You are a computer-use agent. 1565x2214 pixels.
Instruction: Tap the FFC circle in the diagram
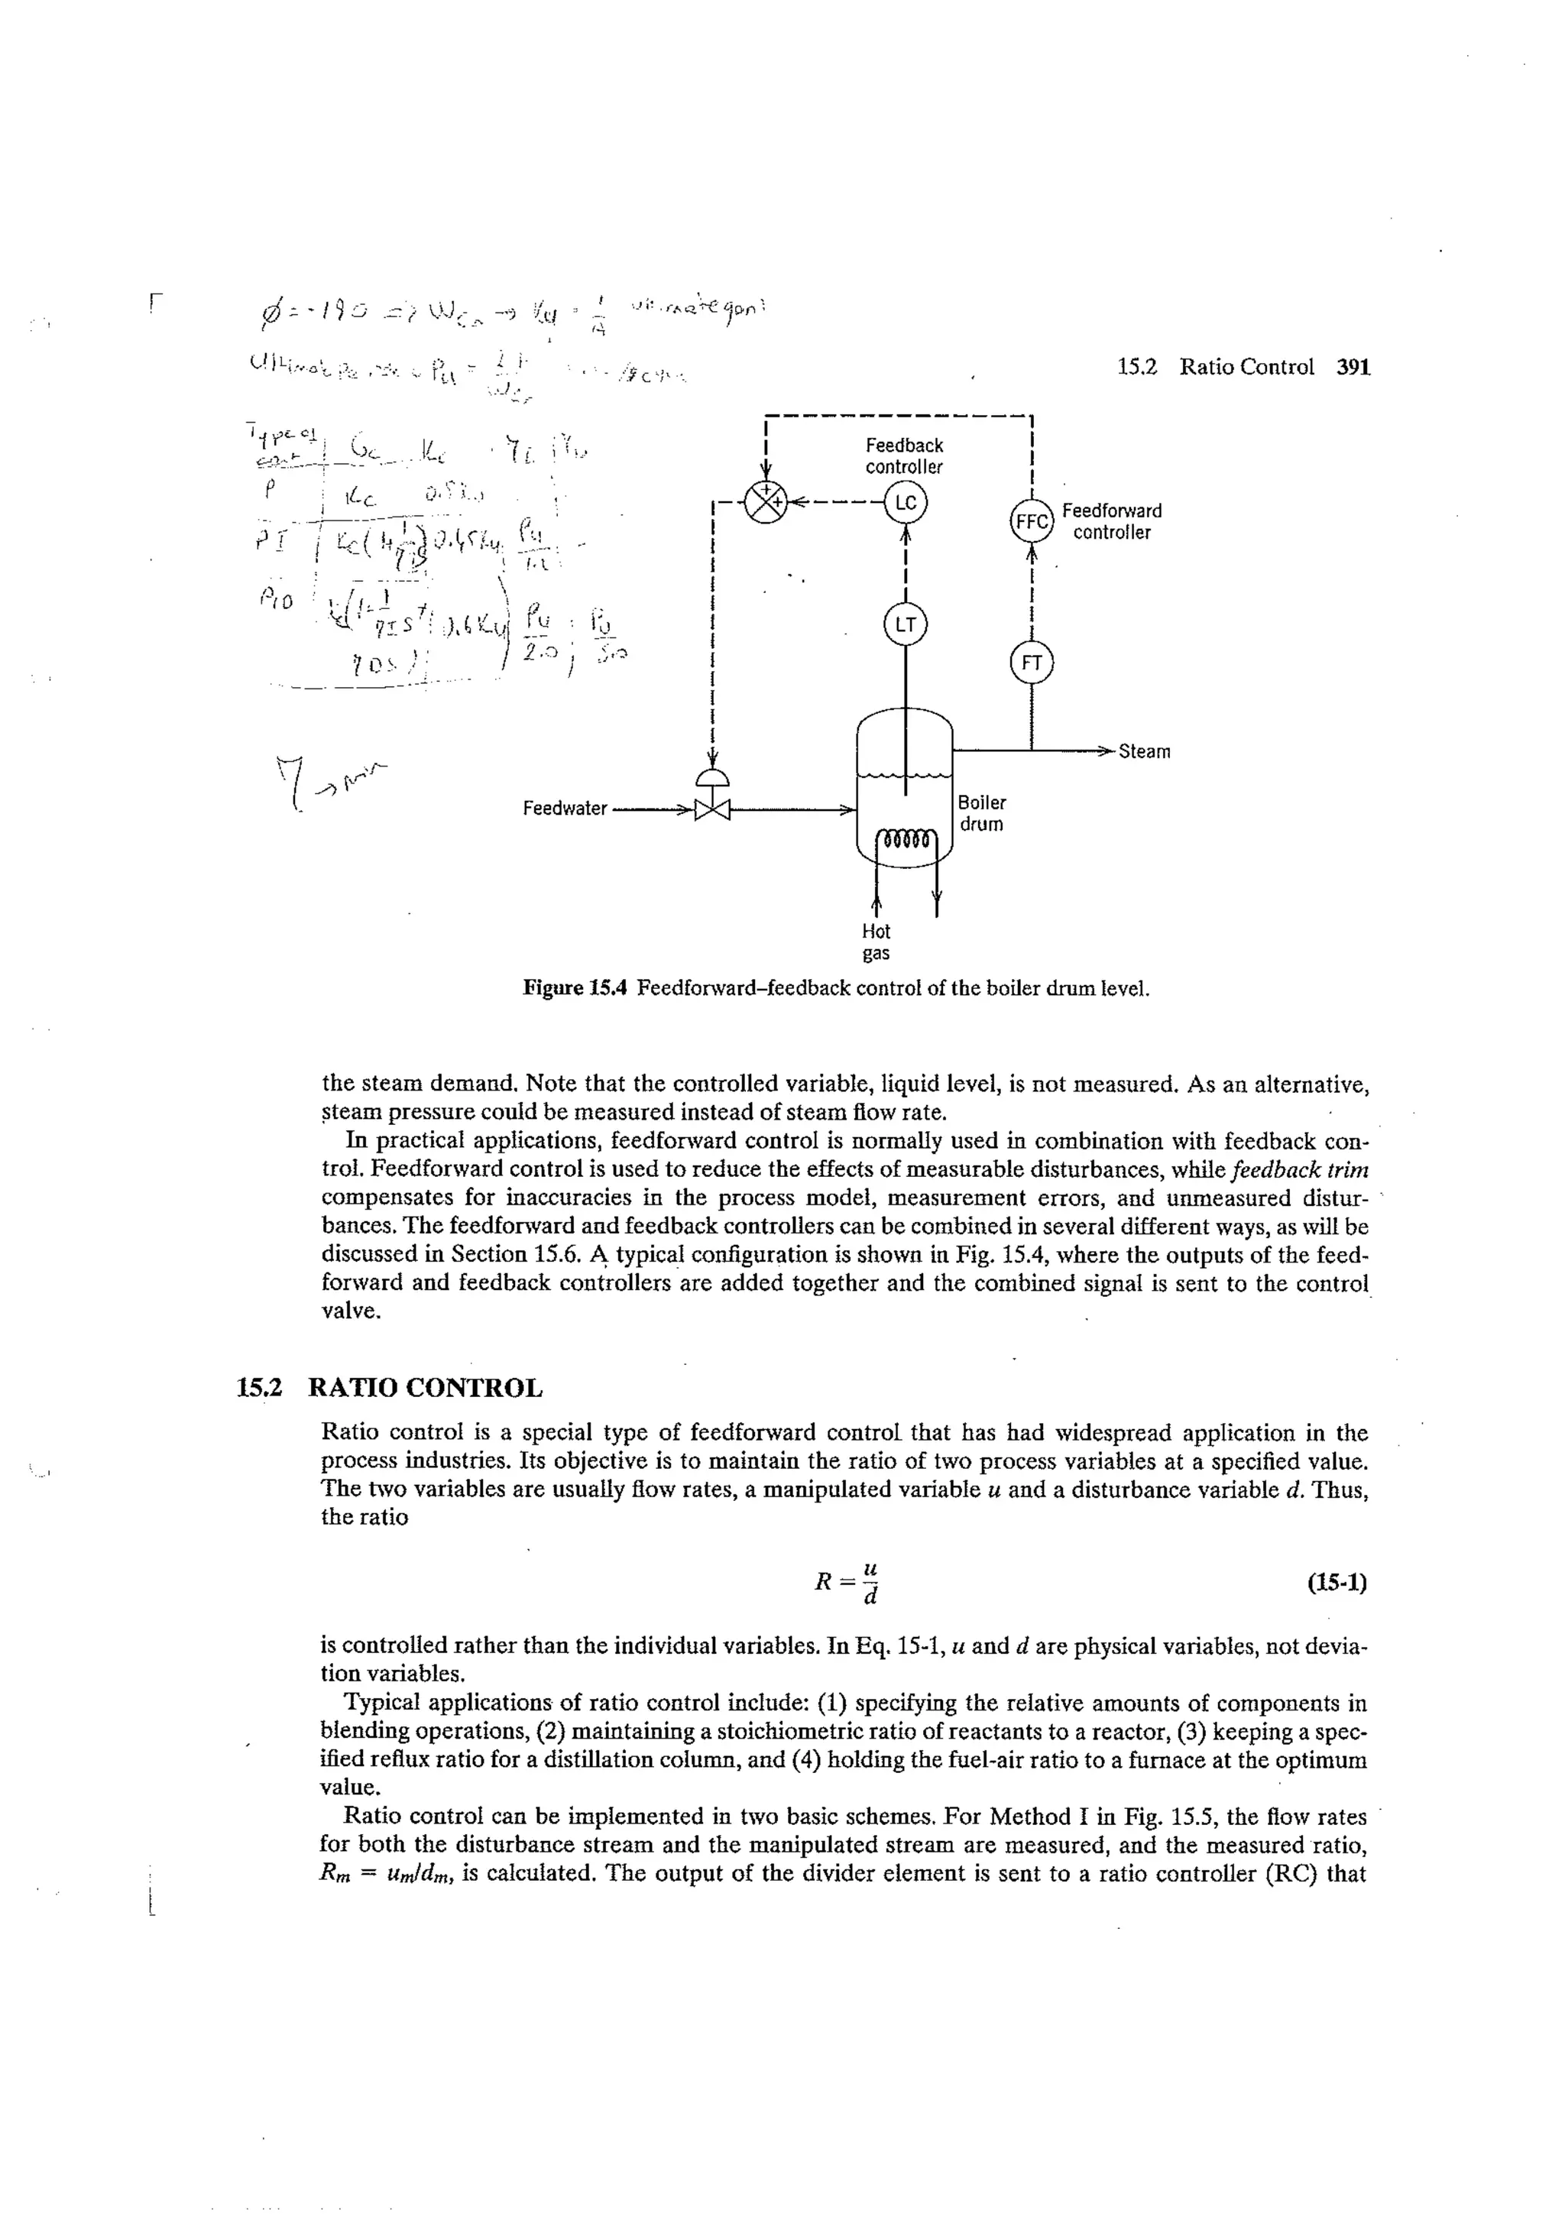tap(1031, 522)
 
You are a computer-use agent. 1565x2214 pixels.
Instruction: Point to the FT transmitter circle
tap(1031, 663)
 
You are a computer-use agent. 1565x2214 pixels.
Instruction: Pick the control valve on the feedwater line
tap(713, 802)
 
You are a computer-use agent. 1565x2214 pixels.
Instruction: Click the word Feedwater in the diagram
tap(564, 808)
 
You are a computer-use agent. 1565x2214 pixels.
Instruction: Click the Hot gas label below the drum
tap(876, 942)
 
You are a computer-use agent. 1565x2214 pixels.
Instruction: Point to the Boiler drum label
tap(982, 813)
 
